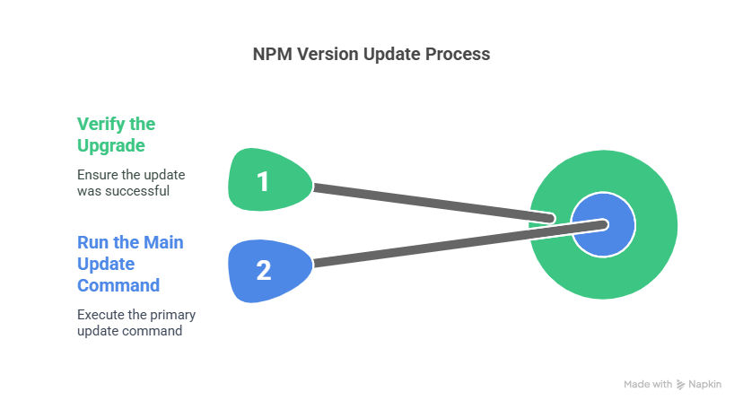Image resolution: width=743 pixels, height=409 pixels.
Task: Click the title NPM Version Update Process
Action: pyautogui.click(x=371, y=54)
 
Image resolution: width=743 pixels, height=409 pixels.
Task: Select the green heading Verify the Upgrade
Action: pyautogui.click(x=116, y=135)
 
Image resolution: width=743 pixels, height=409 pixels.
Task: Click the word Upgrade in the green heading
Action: pyautogui.click(x=111, y=145)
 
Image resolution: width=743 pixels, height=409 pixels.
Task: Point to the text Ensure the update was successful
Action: pyautogui.click(x=131, y=183)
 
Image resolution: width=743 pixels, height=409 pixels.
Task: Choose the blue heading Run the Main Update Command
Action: pyautogui.click(x=130, y=264)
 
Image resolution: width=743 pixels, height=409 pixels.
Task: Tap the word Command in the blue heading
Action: pyautogui.click(x=118, y=285)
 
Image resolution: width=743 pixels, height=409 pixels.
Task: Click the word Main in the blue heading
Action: pyautogui.click(x=163, y=242)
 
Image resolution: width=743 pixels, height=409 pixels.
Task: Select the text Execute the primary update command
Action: pyautogui.click(x=136, y=323)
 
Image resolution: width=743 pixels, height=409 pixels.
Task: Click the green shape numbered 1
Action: pyautogui.click(x=269, y=179)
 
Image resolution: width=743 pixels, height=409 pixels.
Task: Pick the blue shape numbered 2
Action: pyautogui.click(x=269, y=271)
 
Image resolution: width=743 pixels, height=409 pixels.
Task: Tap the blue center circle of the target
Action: pyautogui.click(x=603, y=225)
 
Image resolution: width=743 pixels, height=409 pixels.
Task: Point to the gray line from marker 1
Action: pyautogui.click(x=434, y=203)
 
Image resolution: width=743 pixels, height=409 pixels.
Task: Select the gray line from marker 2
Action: pyautogui.click(x=460, y=243)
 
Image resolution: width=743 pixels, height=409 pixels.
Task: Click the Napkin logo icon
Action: pyautogui.click(x=680, y=385)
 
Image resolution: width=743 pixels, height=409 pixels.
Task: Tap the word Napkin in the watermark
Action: pyautogui.click(x=704, y=385)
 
